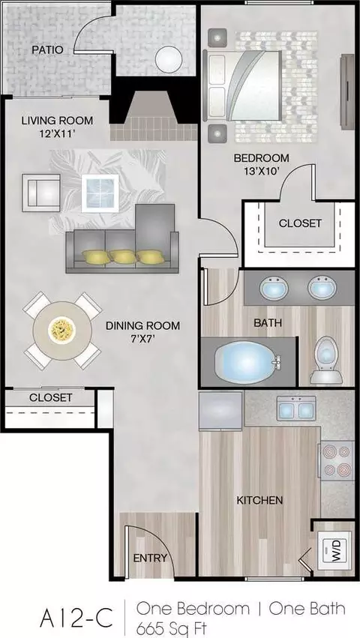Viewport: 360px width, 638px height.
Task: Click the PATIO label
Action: pos(48,50)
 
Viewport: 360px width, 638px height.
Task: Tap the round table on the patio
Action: pos(169,59)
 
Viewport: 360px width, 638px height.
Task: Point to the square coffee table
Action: pos(100,193)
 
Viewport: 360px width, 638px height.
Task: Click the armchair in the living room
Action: pos(41,193)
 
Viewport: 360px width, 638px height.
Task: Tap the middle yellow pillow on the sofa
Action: pos(122,256)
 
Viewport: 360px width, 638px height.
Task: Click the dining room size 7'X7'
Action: pos(142,337)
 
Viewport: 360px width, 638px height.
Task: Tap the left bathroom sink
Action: pos(274,287)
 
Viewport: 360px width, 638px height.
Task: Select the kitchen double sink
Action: pos(296,409)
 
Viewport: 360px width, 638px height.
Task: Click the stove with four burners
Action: pos(337,461)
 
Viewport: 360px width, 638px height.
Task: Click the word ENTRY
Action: pos(150,558)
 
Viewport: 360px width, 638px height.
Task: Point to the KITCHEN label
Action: pos(259,500)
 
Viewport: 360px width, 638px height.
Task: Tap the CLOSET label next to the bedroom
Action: pos(300,223)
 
